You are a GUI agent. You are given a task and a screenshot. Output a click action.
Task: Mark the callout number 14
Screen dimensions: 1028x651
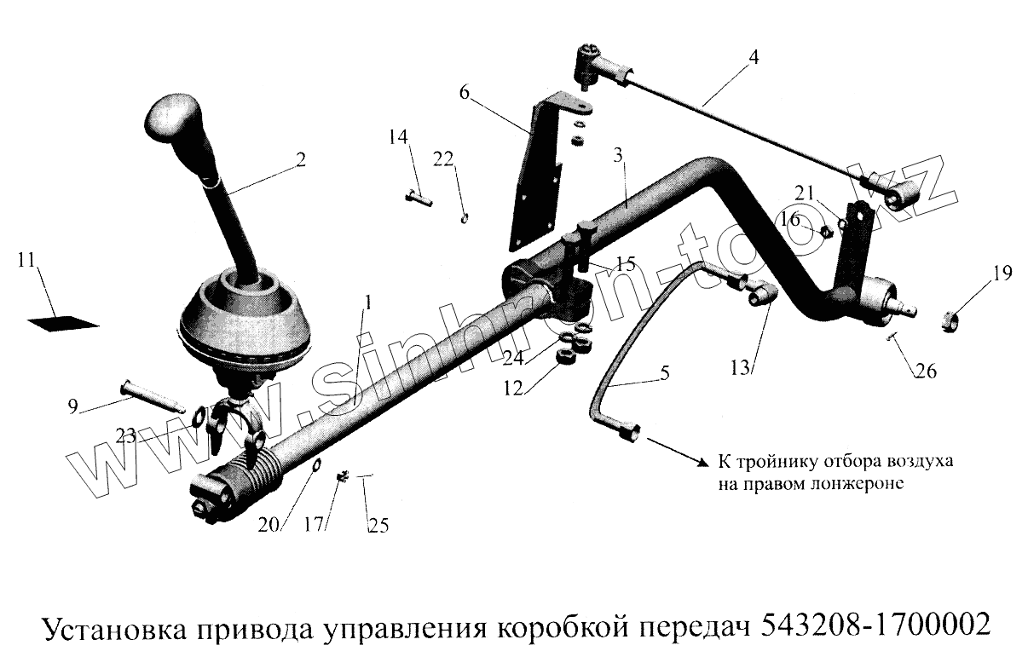click(x=398, y=137)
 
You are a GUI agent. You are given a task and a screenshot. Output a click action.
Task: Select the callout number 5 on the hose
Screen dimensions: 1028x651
click(x=664, y=372)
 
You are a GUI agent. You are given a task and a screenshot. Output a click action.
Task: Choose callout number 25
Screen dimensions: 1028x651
click(x=378, y=526)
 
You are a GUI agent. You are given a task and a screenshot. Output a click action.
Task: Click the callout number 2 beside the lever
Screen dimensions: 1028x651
click(x=301, y=158)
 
